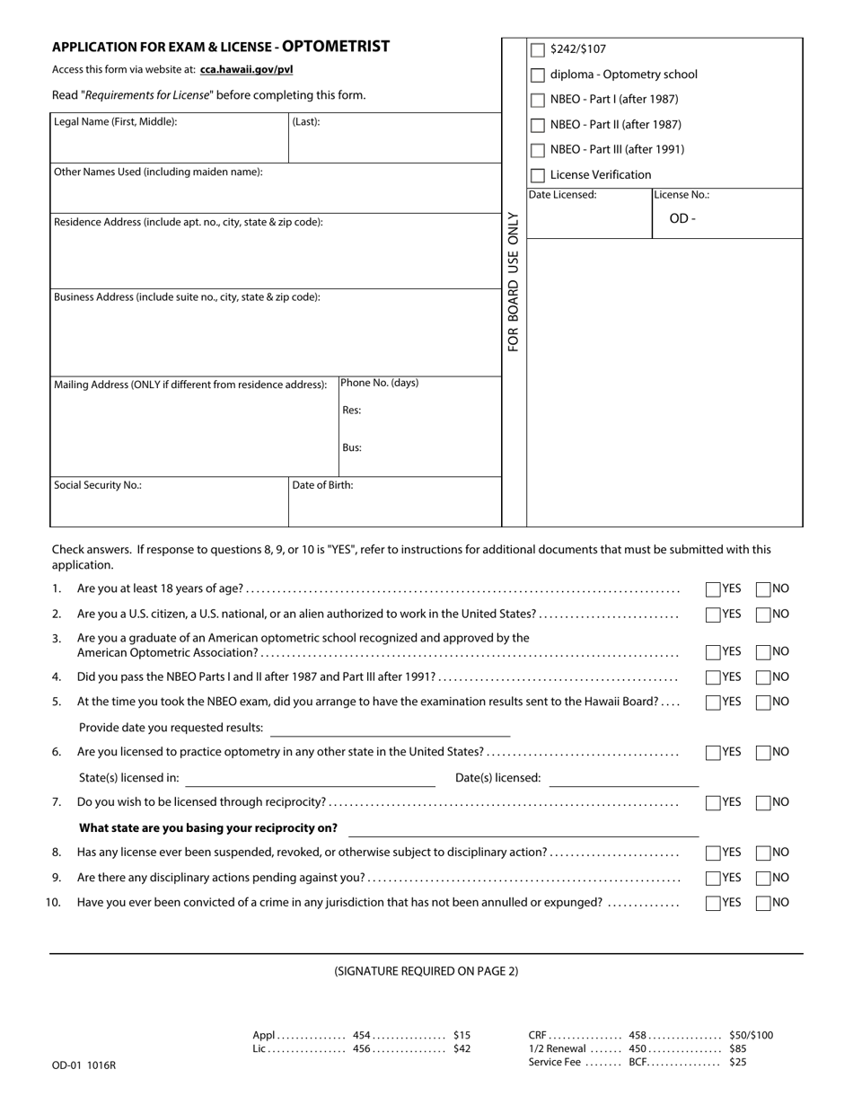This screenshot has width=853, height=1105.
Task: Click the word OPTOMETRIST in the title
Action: coord(336,47)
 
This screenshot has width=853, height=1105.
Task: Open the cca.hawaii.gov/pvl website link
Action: coord(246,69)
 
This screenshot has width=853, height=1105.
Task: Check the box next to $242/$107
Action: coord(538,50)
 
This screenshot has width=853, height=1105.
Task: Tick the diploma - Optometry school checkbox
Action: coord(538,75)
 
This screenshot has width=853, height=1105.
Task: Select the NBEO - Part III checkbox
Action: coord(538,151)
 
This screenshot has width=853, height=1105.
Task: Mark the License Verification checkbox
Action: coord(538,176)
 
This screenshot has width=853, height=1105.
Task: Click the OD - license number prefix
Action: coord(682,218)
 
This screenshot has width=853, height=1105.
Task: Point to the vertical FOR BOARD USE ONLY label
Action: coord(514,281)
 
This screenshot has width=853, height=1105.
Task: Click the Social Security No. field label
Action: coord(98,485)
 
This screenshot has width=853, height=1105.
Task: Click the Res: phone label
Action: coord(351,411)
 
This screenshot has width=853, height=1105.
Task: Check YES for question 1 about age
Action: coord(713,590)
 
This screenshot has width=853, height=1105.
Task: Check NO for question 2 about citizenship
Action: coord(763,615)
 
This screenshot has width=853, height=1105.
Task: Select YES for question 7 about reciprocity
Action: coord(713,803)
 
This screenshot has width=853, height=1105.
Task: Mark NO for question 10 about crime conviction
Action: coord(763,904)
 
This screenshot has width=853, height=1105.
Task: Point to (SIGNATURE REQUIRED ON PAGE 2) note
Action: coord(426,971)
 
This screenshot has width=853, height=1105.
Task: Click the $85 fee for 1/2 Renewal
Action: coord(737,1048)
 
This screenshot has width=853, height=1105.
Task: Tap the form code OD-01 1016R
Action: coord(84,1066)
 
